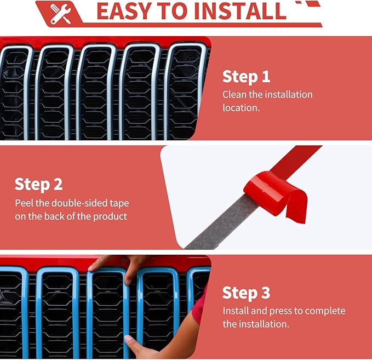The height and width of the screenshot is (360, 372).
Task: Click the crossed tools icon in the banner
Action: (x=61, y=14)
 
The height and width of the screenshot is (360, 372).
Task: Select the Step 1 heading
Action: (x=246, y=77)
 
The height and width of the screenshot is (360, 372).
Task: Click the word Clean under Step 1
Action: (x=234, y=94)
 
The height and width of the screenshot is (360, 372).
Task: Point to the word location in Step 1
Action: (x=241, y=108)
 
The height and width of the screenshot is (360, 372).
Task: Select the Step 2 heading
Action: (x=39, y=185)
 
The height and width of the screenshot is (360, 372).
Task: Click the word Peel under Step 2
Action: (x=24, y=203)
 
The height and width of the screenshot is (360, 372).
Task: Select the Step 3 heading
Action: (x=246, y=293)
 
